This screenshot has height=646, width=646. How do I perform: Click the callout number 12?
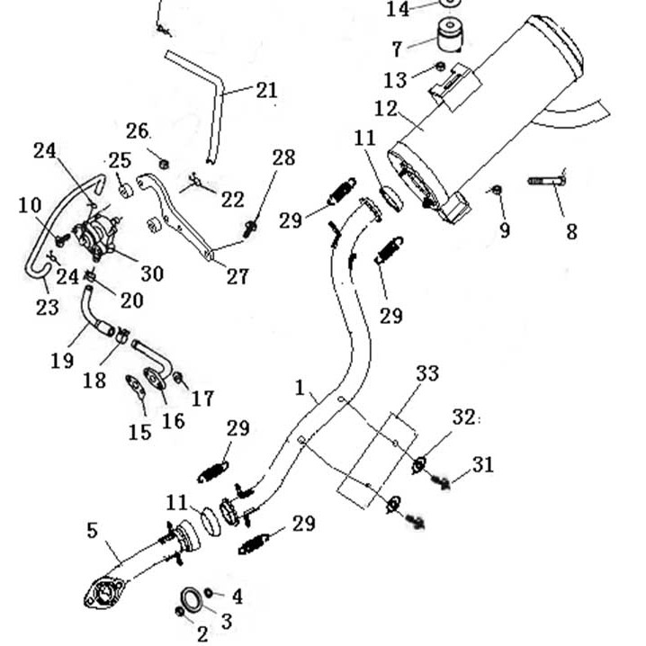(385, 109)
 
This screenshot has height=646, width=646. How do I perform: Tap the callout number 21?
(266, 90)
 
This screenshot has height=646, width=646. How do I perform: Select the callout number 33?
(427, 372)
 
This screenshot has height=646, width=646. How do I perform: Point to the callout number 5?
(92, 530)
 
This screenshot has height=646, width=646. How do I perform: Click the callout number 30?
(152, 272)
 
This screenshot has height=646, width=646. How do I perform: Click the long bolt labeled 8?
(545, 183)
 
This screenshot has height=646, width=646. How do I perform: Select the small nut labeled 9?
(495, 190)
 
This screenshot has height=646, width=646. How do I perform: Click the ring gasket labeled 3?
(192, 600)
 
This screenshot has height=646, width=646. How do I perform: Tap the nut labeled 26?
(164, 163)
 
